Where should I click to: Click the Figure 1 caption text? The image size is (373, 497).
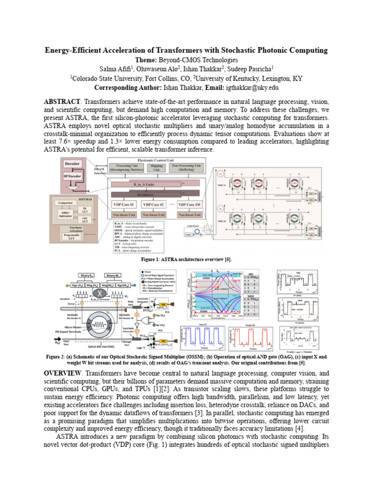[x=186, y=260]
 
